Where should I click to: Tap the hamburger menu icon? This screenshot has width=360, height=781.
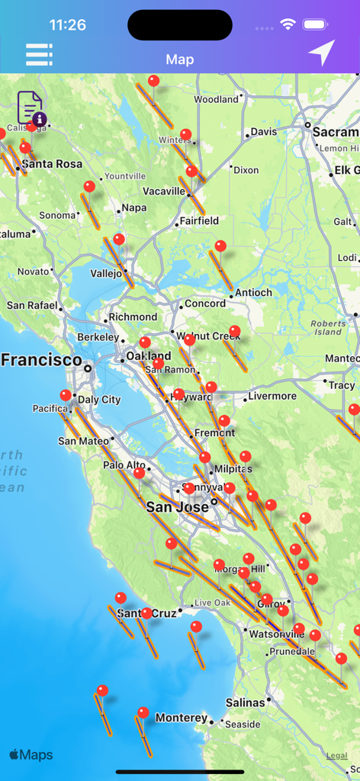(x=39, y=54)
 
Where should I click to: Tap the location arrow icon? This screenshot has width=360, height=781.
(x=321, y=53)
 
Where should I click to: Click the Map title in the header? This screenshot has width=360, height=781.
(x=180, y=59)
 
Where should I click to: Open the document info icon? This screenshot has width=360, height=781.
(x=31, y=108)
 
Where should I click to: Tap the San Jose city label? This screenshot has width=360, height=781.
(x=177, y=507)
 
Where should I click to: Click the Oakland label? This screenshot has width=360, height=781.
(x=149, y=356)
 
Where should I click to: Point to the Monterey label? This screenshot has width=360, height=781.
(x=181, y=718)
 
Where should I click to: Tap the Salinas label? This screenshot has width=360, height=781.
(x=245, y=702)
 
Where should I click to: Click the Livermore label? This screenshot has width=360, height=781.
(x=272, y=396)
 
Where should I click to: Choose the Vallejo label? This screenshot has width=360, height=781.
(x=106, y=272)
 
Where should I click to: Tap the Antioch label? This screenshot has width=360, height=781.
(x=253, y=292)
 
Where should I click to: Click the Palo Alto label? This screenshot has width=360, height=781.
(x=124, y=465)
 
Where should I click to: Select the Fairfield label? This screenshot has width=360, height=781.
(x=198, y=221)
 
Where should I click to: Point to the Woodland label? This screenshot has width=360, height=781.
(x=216, y=99)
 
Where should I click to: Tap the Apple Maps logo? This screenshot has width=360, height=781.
(x=31, y=755)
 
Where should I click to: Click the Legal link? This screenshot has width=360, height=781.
(x=336, y=755)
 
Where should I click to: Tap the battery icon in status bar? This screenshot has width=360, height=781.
(x=316, y=24)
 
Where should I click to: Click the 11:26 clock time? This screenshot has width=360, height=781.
(x=67, y=24)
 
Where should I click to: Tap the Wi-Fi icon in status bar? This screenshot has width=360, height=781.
(x=288, y=24)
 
